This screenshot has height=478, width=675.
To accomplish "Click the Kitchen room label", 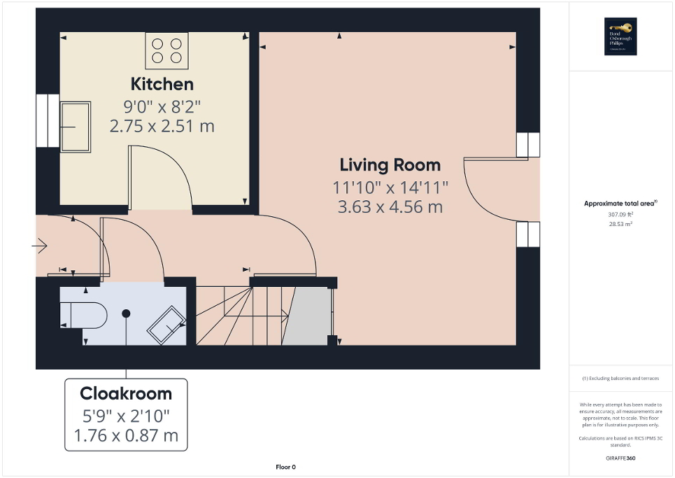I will pyautogui.click(x=162, y=84).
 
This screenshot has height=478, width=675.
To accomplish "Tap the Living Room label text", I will pyautogui.click(x=390, y=165).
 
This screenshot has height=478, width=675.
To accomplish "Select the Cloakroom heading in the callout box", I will pyautogui.click(x=126, y=393).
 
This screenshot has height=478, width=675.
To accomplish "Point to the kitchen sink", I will pyautogui.click(x=76, y=127).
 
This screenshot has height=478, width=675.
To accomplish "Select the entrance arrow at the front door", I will pyautogui.click(x=39, y=246).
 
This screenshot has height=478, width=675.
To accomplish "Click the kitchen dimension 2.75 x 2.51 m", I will pyautogui.click(x=162, y=127).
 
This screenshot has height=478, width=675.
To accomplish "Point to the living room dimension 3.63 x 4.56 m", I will pyautogui.click(x=390, y=207).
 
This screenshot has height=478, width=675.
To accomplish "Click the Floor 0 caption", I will pyautogui.click(x=285, y=467).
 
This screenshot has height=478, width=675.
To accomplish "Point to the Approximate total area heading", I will pyautogui.click(x=620, y=204).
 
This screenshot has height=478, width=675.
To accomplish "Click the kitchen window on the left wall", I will pyautogui.click(x=48, y=120).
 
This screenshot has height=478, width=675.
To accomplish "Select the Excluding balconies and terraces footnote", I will pyautogui.click(x=620, y=379).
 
